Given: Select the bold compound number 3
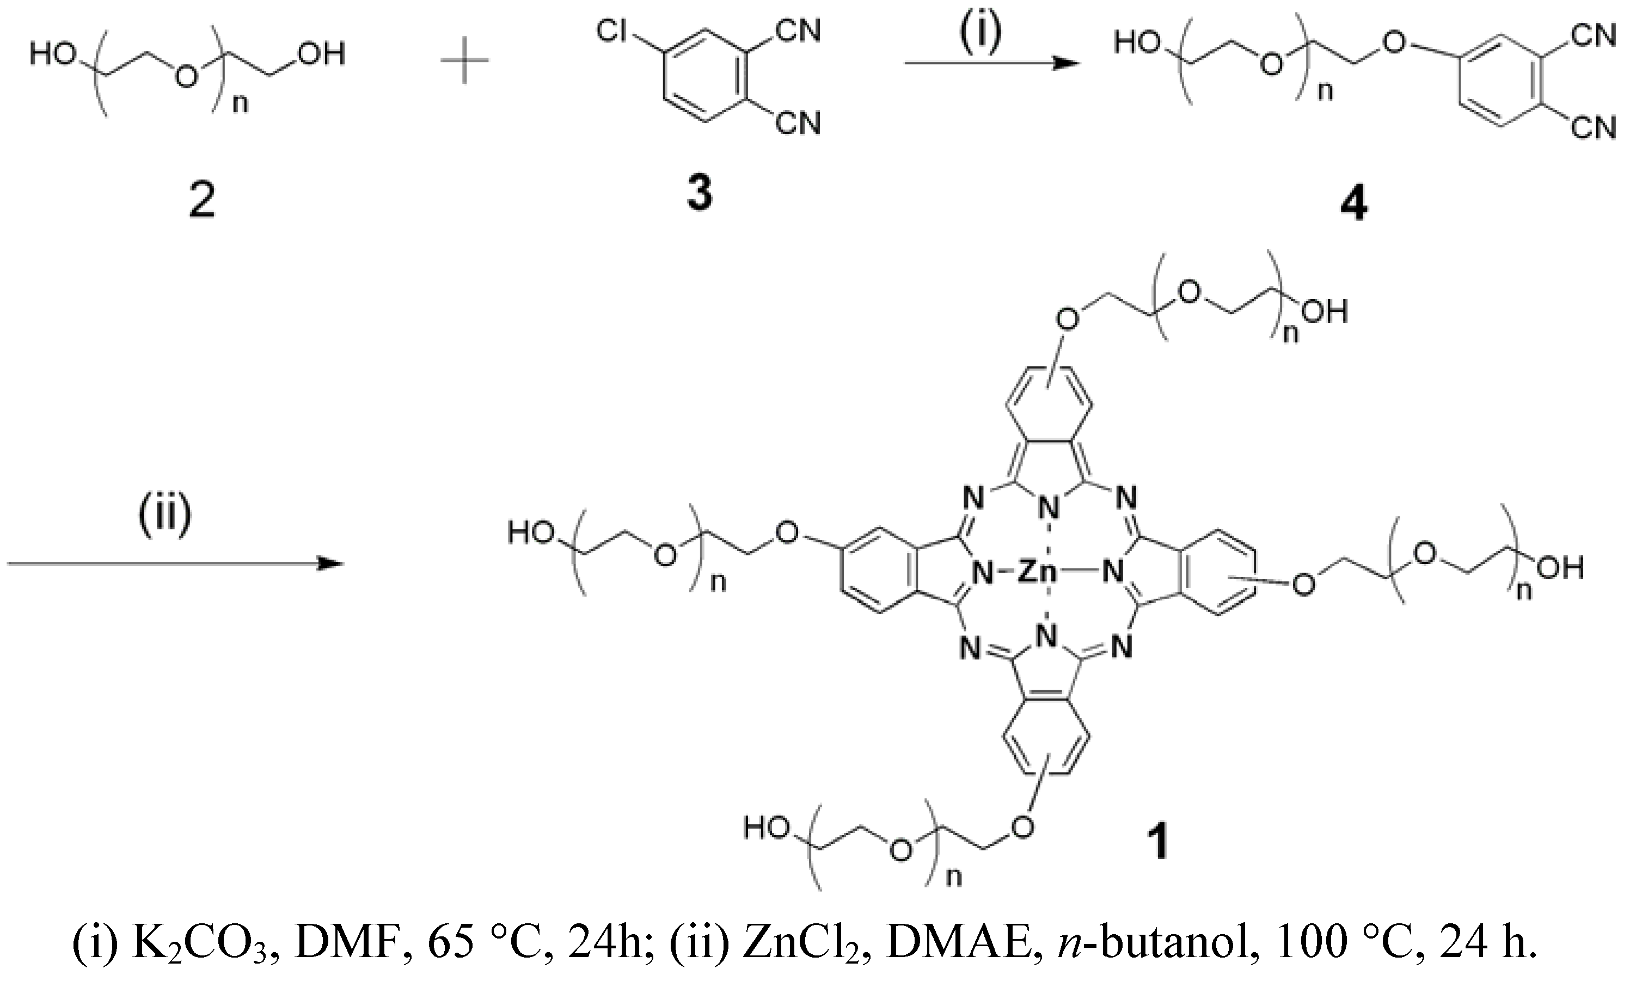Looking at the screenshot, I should [x=700, y=194].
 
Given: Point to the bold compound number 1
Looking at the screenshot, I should [x=1158, y=843].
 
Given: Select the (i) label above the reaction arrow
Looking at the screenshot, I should [x=981, y=33].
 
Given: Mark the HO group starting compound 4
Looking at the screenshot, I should [x=1137, y=43].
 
